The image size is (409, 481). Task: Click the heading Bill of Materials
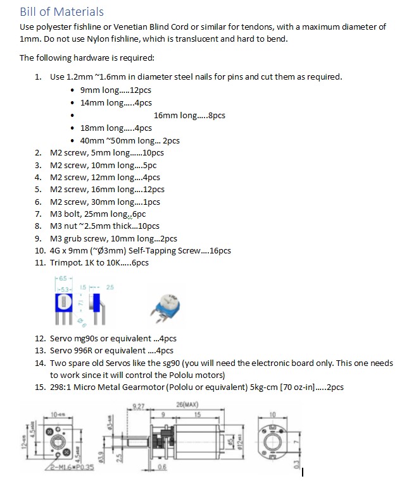click(x=61, y=11)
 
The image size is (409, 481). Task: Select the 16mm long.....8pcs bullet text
click(x=189, y=115)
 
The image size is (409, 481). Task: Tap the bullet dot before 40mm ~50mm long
click(x=74, y=141)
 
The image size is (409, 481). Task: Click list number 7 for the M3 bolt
click(x=38, y=214)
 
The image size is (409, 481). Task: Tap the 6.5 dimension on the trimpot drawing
click(x=61, y=279)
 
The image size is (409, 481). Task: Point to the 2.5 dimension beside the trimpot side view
click(x=111, y=288)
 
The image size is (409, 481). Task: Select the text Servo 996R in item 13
click(x=71, y=350)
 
